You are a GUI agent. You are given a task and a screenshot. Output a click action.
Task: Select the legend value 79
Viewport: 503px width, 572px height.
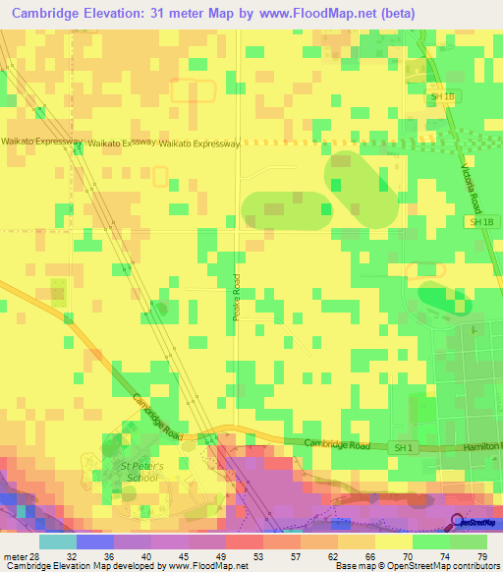481,556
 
